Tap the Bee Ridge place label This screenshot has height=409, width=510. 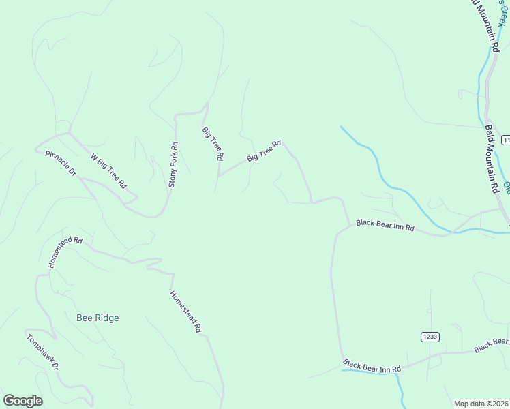[97, 318]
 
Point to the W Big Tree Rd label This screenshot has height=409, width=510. [109, 170]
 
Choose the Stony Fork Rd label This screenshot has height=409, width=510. [173, 165]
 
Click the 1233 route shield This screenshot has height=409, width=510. [430, 337]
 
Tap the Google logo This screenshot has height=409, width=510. [22, 401]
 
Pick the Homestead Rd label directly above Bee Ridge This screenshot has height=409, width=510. [65, 252]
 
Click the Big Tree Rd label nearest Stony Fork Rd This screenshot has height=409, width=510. [213, 143]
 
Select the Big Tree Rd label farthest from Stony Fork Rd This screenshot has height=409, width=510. [264, 151]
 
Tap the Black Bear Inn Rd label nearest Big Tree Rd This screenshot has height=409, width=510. [385, 225]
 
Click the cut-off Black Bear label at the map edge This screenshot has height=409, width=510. [492, 346]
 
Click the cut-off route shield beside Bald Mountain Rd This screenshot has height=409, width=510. [506, 139]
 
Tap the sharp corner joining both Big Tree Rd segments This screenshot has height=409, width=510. [218, 175]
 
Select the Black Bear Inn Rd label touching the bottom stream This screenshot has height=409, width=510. [372, 366]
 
